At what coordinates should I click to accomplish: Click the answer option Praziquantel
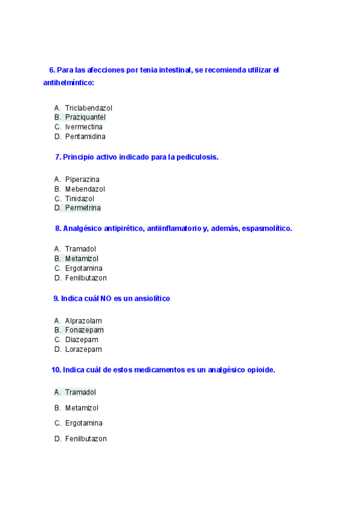pos(85,118)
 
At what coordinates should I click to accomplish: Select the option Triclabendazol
pos(89,108)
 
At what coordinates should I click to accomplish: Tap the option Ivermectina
pos(84,127)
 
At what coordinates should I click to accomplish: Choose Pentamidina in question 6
pos(85,137)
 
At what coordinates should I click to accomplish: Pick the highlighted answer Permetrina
pos(83,208)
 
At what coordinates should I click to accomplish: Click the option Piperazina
pos(82,179)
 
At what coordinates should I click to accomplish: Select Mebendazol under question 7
pos(85,189)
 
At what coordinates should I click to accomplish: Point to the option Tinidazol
pos(80,199)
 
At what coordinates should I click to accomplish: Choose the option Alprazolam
pos(83,321)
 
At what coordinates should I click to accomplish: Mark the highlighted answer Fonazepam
pos(84,330)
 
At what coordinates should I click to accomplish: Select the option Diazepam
pos(82,340)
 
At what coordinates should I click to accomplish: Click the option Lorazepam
pos(83,349)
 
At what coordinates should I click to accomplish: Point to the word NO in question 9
pos(106,298)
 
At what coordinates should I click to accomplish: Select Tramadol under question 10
pos(80,393)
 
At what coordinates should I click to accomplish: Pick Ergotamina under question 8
pos(83,268)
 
